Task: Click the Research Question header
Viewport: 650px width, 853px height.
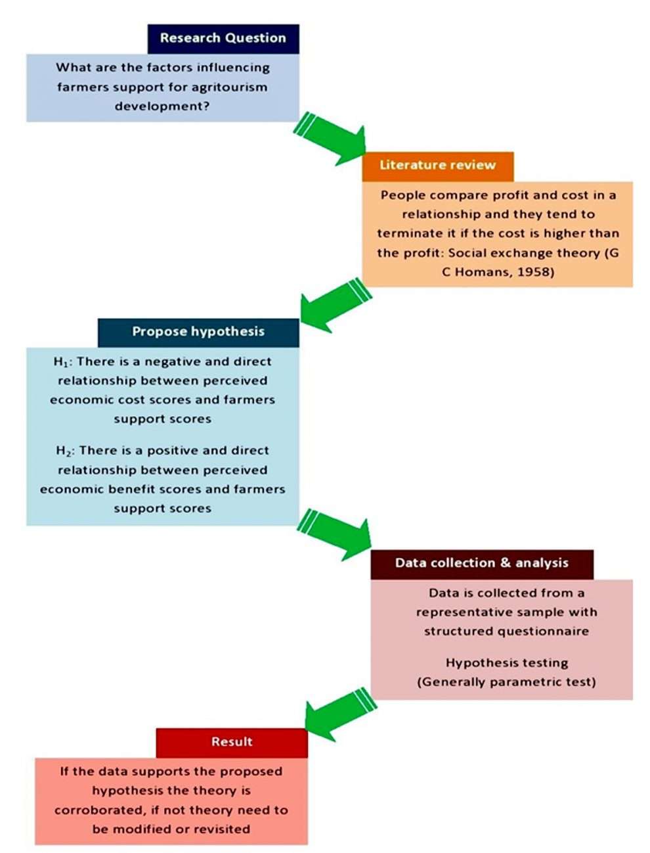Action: (223, 38)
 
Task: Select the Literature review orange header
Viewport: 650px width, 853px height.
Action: (437, 165)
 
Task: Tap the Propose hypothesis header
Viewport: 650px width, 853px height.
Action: (198, 331)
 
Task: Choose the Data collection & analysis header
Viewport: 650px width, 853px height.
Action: (481, 563)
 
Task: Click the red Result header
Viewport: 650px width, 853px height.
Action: (232, 742)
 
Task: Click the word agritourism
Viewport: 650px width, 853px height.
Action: (229, 87)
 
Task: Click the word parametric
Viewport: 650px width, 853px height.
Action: (517, 682)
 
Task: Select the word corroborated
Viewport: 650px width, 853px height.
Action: (97, 810)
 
